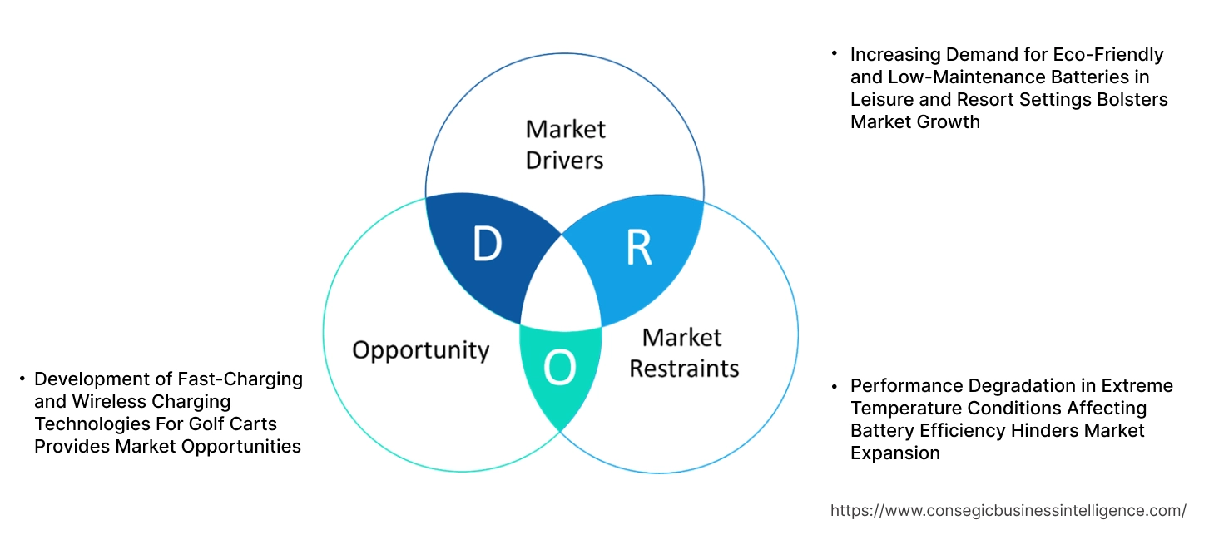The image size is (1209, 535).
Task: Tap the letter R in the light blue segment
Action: click(x=639, y=247)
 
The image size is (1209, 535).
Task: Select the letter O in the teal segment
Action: click(x=559, y=369)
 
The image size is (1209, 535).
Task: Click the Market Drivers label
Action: click(x=565, y=144)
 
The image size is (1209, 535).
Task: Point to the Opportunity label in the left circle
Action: click(x=420, y=349)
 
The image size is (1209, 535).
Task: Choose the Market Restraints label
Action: click(x=683, y=353)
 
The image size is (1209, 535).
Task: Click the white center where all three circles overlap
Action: click(x=562, y=288)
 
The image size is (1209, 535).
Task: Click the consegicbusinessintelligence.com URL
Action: click(x=1008, y=510)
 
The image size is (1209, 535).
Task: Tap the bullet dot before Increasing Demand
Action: click(x=834, y=54)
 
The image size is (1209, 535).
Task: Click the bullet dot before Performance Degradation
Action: click(x=834, y=386)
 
